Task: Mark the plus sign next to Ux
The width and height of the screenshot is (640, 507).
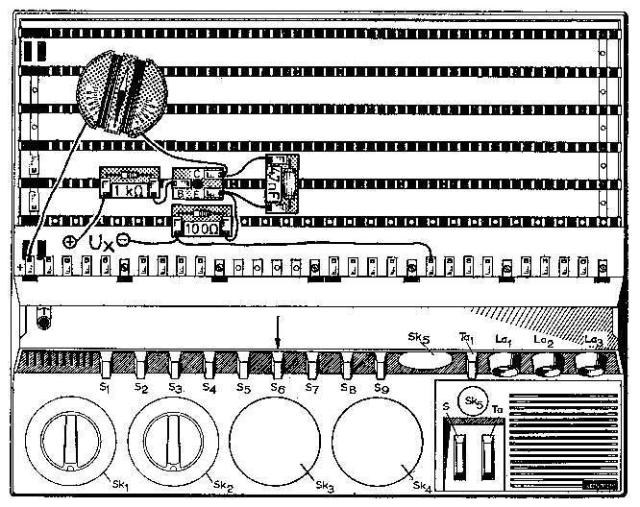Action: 71,242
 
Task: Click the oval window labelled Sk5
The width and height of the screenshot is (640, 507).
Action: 424,361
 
